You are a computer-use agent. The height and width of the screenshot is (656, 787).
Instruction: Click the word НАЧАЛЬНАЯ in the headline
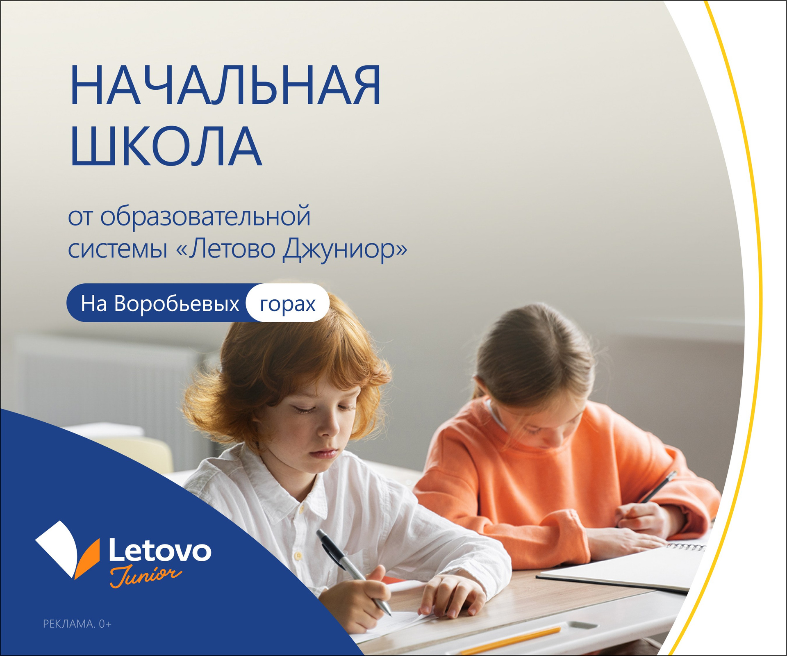225,86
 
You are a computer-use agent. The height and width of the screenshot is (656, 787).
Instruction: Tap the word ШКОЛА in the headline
166,146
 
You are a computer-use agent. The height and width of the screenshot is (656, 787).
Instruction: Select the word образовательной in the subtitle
205,216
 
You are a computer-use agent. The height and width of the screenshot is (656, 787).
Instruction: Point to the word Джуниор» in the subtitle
345,249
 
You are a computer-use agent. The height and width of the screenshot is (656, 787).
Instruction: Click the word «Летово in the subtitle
225,248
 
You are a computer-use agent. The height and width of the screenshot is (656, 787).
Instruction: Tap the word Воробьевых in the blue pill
176,304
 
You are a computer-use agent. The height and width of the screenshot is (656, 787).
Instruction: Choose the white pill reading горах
288,303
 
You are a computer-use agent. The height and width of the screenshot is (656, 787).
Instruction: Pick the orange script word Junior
146,577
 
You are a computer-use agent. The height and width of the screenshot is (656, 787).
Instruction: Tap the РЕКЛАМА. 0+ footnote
77,624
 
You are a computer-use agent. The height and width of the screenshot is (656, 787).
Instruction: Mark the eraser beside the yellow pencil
582,626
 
